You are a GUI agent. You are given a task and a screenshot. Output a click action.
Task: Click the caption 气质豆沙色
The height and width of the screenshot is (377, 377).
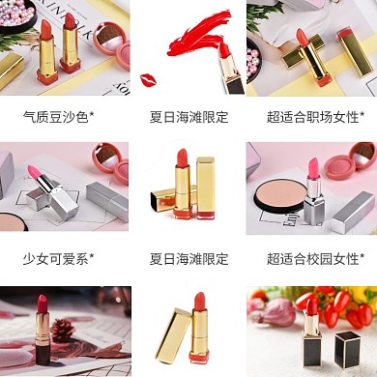[x=56, y=117]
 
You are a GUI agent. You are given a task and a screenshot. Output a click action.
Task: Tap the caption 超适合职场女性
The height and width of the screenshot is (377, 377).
[x=312, y=117]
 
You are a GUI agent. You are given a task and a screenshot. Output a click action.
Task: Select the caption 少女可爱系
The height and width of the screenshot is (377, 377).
[x=56, y=258]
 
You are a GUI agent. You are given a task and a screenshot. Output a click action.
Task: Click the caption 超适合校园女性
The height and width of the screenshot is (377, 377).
[x=312, y=258]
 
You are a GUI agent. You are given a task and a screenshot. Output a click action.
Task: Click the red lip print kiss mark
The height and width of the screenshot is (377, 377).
[x=148, y=80]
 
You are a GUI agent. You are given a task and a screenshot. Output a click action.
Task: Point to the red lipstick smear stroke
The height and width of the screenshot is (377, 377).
[x=200, y=34]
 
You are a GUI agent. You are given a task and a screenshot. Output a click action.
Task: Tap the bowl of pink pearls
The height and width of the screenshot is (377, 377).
[x=17, y=14]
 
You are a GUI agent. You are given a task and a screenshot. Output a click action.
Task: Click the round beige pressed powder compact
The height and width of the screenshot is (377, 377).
[x=280, y=195]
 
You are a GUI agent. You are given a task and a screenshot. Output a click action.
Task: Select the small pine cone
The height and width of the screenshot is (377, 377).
[x=62, y=331]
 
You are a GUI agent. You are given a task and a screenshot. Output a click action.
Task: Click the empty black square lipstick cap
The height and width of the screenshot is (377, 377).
[x=347, y=350]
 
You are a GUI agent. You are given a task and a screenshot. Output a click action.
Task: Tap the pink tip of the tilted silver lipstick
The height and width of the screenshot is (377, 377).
[x=34, y=172]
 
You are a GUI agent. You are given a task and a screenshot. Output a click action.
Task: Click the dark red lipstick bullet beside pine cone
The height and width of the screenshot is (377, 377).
[x=42, y=304]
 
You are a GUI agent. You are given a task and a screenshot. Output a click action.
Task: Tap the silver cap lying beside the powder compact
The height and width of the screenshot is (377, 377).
[x=354, y=213]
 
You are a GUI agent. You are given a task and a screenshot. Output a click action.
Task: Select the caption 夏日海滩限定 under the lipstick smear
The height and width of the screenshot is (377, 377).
[x=188, y=117]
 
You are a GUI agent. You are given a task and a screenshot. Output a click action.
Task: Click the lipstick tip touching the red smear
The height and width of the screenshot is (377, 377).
[x=223, y=49]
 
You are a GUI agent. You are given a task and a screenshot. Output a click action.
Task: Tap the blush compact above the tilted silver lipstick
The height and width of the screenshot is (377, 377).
[x=111, y=163]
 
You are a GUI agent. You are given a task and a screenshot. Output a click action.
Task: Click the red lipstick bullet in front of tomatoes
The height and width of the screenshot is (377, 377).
[x=311, y=307]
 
